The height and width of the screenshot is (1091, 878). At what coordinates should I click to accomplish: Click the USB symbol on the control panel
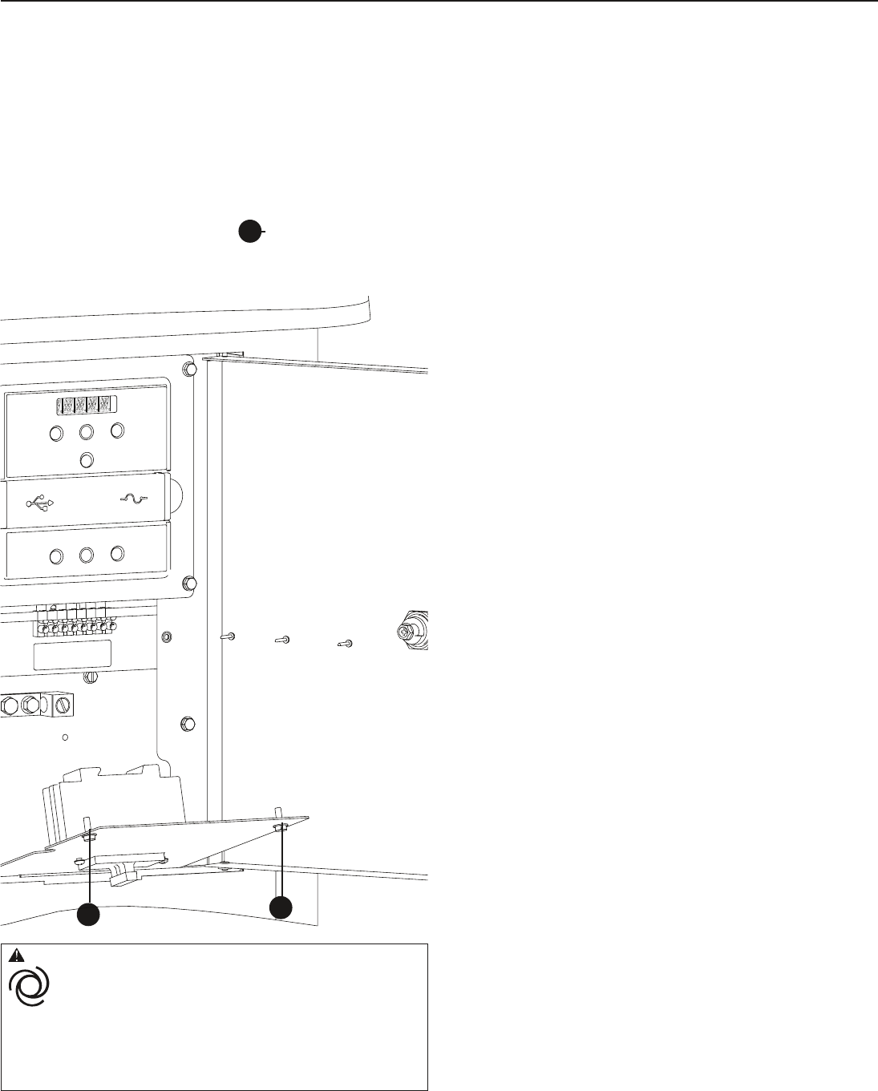pyautogui.click(x=40, y=503)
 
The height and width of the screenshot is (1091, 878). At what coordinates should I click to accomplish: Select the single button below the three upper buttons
pyautogui.click(x=88, y=459)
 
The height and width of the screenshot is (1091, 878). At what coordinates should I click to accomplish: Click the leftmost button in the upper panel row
pyautogui.click(x=56, y=434)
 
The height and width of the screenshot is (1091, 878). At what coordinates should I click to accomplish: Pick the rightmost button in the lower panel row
pyautogui.click(x=117, y=553)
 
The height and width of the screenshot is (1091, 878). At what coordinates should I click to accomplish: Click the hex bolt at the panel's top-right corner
pyautogui.click(x=191, y=369)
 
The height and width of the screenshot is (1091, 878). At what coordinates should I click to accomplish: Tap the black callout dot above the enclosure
pyautogui.click(x=249, y=231)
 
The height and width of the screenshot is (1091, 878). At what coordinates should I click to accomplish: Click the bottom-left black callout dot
pyautogui.click(x=88, y=914)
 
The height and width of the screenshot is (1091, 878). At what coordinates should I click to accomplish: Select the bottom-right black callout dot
pyautogui.click(x=281, y=907)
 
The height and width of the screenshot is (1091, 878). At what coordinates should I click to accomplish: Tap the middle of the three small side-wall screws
pyautogui.click(x=282, y=640)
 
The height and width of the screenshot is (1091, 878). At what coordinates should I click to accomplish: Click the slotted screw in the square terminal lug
pyautogui.click(x=63, y=705)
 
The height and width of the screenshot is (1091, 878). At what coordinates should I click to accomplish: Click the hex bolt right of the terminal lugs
pyautogui.click(x=188, y=721)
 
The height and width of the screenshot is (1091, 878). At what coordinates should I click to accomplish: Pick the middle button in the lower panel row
pyautogui.click(x=87, y=554)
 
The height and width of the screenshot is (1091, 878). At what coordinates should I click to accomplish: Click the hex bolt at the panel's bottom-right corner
pyautogui.click(x=191, y=582)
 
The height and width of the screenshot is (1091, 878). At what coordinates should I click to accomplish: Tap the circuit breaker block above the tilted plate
pyautogui.click(x=112, y=798)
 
